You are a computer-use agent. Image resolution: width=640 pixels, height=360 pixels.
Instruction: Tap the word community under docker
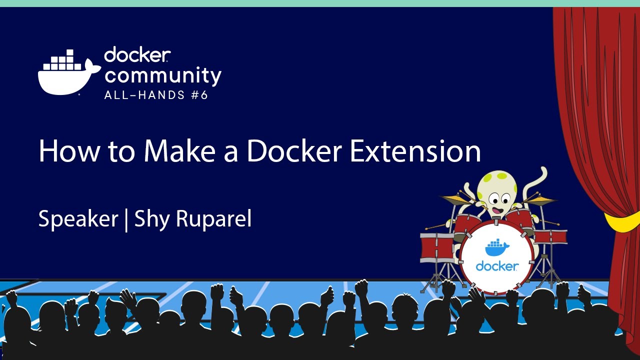coord(163,75)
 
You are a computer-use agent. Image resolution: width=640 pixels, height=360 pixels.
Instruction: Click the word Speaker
coord(78,219)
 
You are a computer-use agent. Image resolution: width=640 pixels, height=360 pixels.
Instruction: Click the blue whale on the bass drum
coord(497,247)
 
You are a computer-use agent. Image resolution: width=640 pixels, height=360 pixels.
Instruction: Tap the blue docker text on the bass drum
coord(497,266)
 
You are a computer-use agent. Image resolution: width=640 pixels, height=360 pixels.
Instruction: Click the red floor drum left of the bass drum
coord(437,247)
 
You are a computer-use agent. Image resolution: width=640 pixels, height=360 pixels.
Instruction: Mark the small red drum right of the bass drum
coord(550,236)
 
